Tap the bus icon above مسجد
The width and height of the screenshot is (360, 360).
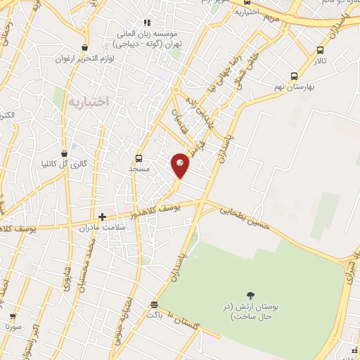point(139,158)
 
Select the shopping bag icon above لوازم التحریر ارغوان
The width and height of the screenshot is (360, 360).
point(85,48)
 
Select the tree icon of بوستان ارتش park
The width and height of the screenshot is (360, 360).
point(251,295)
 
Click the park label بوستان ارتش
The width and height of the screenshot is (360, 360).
point(251,311)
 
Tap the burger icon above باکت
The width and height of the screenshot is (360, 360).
point(154,304)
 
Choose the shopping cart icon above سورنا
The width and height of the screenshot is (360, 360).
point(13,316)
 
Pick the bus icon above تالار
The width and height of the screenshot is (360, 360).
point(320,50)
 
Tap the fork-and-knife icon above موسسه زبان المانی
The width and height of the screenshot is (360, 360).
point(146,22)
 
